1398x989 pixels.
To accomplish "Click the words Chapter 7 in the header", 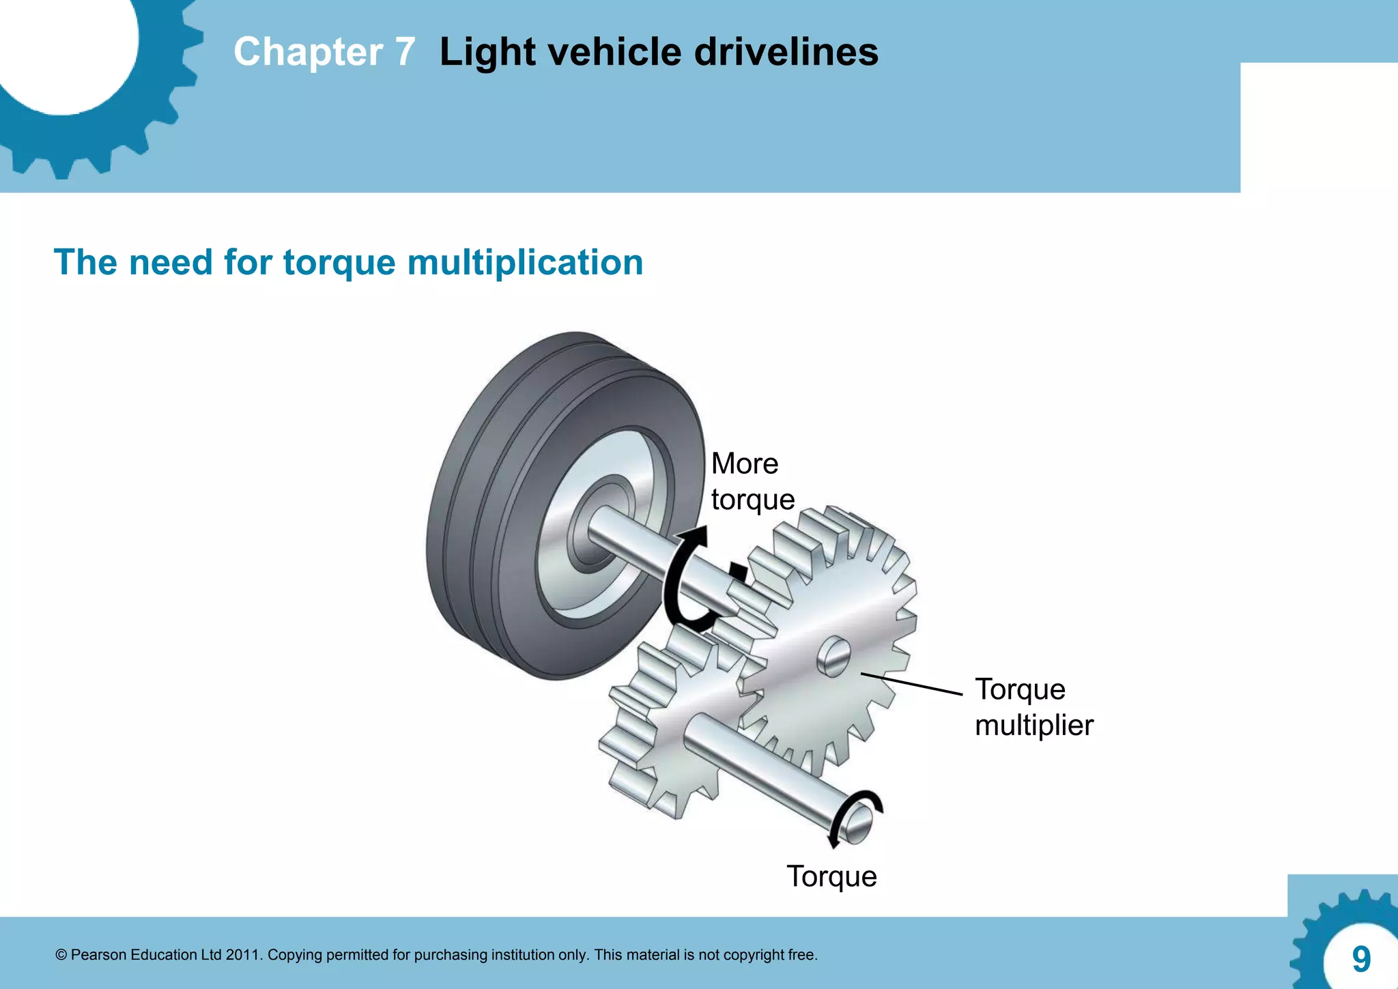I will [x=324, y=52].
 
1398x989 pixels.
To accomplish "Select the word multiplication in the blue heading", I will [x=525, y=263].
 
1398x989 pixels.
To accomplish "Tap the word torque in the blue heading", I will [x=339, y=263].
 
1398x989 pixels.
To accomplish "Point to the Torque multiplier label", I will [x=1033, y=707].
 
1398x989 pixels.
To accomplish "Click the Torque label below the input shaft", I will [x=831, y=876].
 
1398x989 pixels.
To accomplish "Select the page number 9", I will [x=1361, y=959].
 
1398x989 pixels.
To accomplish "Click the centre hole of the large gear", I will [x=833, y=656].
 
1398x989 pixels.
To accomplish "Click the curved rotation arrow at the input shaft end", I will [x=853, y=812].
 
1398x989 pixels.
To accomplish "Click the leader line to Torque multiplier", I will [x=911, y=684].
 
